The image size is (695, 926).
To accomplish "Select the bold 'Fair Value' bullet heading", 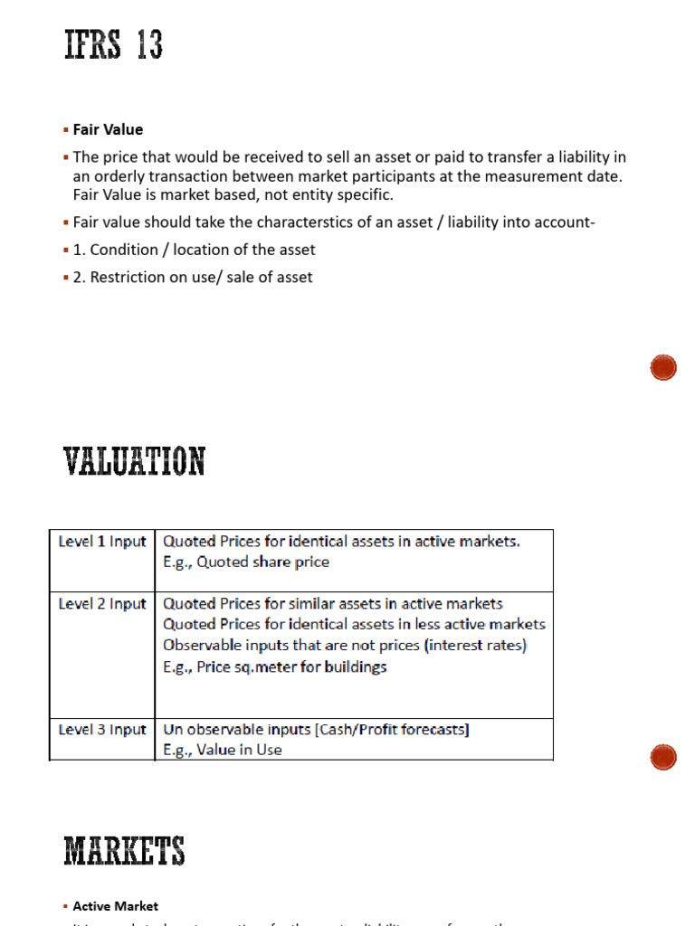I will pos(108,129).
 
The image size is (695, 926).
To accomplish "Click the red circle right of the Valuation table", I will pos(663,756).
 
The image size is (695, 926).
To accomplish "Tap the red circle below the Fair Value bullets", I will pos(663,368).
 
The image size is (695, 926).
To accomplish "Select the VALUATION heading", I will pos(134,462).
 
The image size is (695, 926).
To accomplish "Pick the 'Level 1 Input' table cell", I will pos(101,542).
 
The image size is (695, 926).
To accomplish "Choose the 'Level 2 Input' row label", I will pos(101,604).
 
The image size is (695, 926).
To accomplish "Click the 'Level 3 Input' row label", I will pos(101,730).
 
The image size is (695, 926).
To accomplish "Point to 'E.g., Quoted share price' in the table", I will pos(246,562).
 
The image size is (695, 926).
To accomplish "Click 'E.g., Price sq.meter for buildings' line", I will pos(275,666).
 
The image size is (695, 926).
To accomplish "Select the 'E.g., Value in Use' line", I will pos(223,750).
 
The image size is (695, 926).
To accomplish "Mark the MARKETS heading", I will pos(124,852).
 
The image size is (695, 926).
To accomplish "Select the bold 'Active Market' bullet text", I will pos(115,905).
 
